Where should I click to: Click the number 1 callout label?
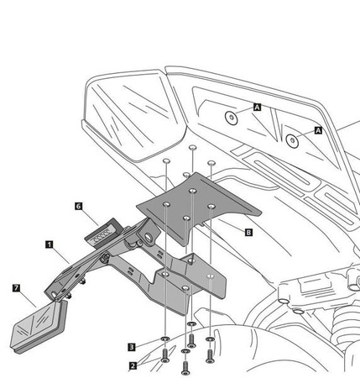point(50,244)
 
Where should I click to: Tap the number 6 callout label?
point(79,206)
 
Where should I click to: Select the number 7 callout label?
point(17,288)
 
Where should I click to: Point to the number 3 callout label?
point(132,347)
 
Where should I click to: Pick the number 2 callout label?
point(133,365)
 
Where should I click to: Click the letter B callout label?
point(248,232)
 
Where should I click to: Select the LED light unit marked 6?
point(102,233)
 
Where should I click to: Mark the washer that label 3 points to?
point(165,339)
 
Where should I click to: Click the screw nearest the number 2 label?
point(165,355)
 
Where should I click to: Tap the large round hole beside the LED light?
point(149,238)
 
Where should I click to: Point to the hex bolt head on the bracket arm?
point(105,258)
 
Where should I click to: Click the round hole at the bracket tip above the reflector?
point(54,294)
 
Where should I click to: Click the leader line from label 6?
point(91,218)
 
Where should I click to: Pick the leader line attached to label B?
point(231,226)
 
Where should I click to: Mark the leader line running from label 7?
point(29,300)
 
